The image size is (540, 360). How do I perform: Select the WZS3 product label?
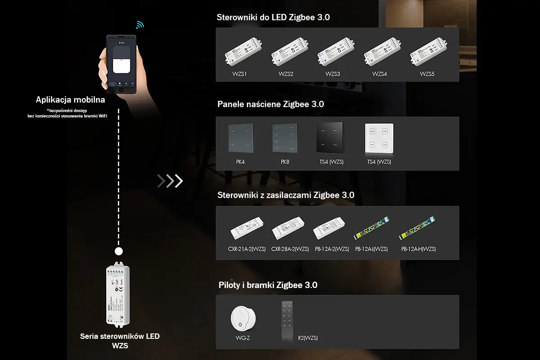pyautogui.click(x=333, y=74)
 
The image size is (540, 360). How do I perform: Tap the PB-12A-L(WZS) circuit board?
pyautogui.click(x=372, y=229)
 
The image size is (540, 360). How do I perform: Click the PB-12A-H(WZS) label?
pyautogui.click(x=418, y=249)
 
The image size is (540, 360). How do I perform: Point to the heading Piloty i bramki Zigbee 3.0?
pyautogui.click(x=268, y=285)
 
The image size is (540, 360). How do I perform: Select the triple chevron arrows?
pyautogui.click(x=170, y=181)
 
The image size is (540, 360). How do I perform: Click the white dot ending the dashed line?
pyautogui.click(x=119, y=251)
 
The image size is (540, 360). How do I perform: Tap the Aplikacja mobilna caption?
pyautogui.click(x=71, y=100)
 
